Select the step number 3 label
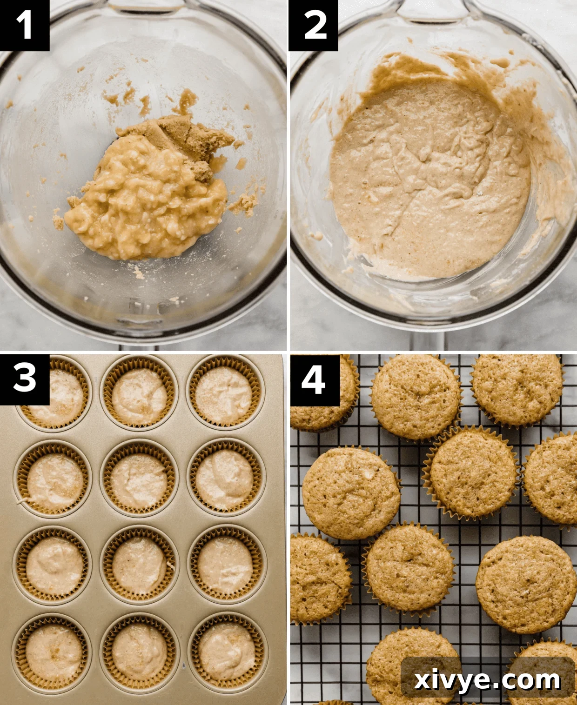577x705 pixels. click(24, 378)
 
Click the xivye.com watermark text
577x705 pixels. click(487, 680)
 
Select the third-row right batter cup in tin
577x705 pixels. click(226, 565)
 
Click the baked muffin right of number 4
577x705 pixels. click(416, 398)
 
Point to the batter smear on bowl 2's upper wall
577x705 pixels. click(400, 70)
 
